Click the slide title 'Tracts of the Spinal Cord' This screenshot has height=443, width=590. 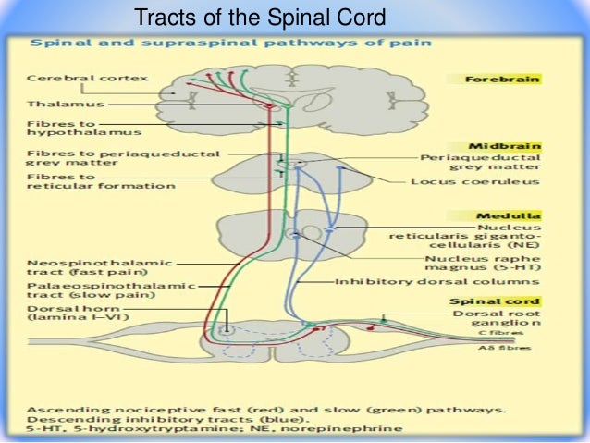tap(259, 18)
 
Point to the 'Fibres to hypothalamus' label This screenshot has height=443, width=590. tap(68, 127)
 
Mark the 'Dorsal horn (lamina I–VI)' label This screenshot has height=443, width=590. tap(74, 316)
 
